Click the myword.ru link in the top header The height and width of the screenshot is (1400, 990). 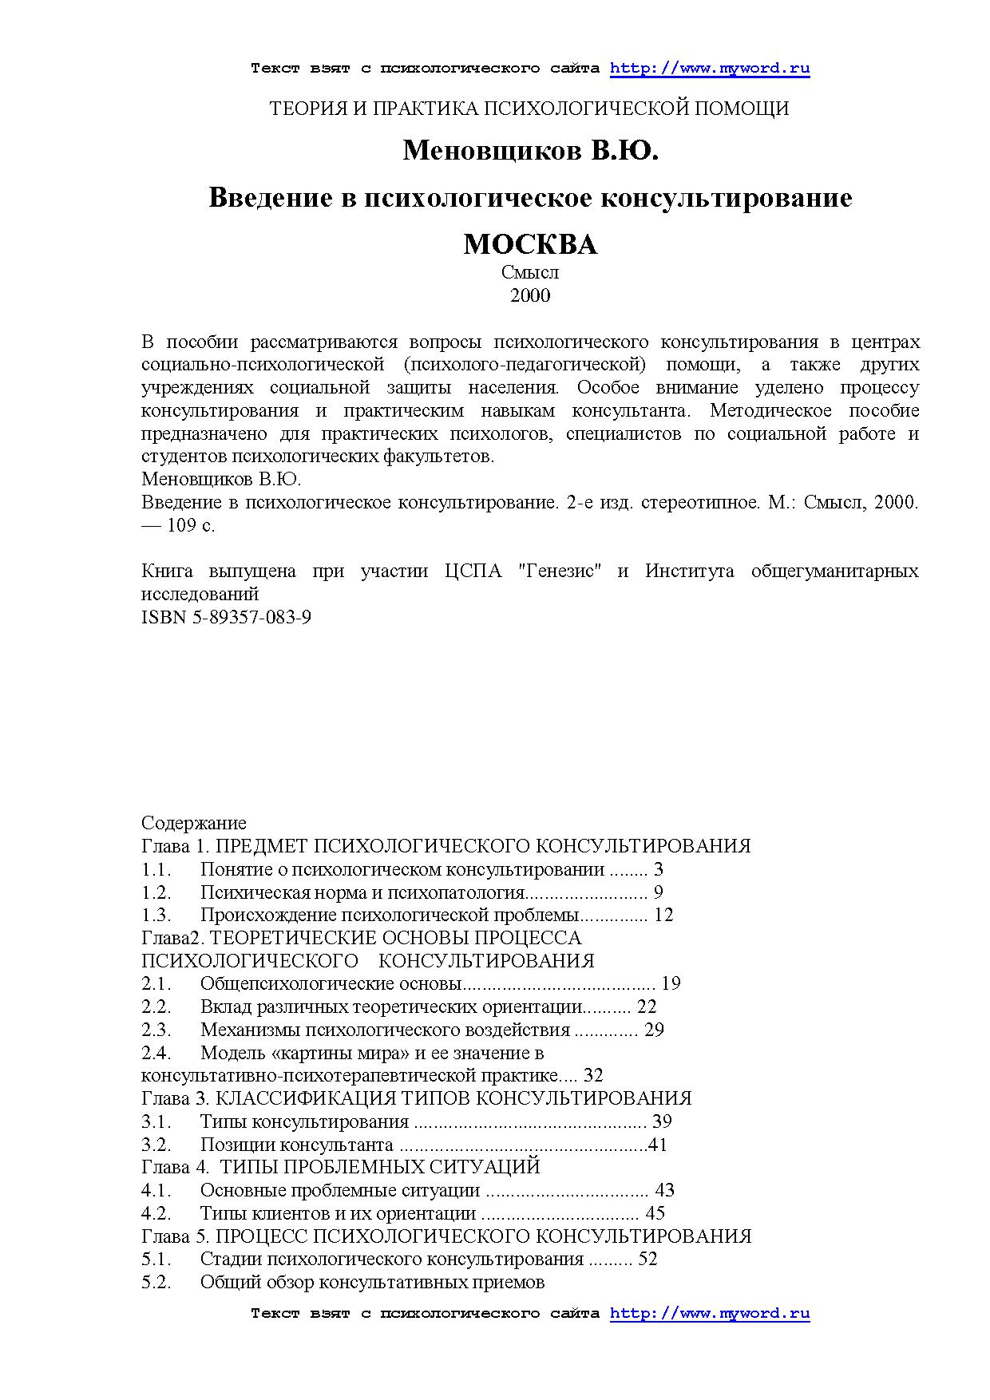pyautogui.click(x=709, y=68)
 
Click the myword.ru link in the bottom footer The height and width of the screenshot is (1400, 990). pyautogui.click(x=709, y=1313)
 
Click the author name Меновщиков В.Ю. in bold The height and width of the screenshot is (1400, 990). pyautogui.click(x=530, y=149)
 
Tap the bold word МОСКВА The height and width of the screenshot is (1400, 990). pyautogui.click(x=530, y=244)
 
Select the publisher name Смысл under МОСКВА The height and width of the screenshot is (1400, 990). pyautogui.click(x=530, y=272)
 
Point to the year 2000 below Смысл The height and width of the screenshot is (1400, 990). pyautogui.click(x=530, y=296)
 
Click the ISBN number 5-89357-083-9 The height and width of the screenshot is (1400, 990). pyautogui.click(x=251, y=617)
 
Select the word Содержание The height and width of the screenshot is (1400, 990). pyautogui.click(x=194, y=823)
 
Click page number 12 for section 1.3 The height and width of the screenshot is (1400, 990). pyautogui.click(x=663, y=915)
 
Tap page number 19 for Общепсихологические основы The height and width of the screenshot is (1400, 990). pyautogui.click(x=671, y=983)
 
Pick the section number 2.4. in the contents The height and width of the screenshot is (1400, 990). pyautogui.click(x=156, y=1054)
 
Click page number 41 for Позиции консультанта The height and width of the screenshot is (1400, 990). pyautogui.click(x=658, y=1145)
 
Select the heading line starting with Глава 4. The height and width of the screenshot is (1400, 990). pyautogui.click(x=341, y=1167)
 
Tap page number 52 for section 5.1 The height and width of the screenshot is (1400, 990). pyautogui.click(x=648, y=1260)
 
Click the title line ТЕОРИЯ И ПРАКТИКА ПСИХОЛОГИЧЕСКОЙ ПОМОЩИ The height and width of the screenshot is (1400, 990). pyautogui.click(x=530, y=109)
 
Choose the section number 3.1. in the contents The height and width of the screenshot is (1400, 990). pyautogui.click(x=156, y=1122)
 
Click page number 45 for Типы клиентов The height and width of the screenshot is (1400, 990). pyautogui.click(x=655, y=1214)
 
